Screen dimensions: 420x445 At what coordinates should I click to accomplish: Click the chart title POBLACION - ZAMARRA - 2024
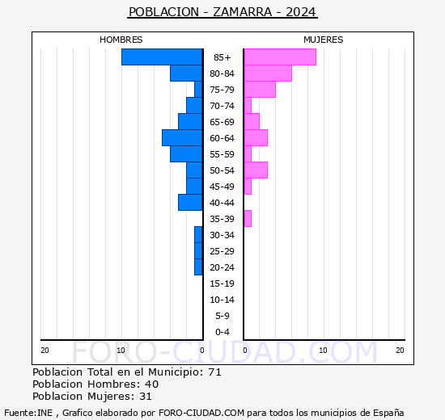222,12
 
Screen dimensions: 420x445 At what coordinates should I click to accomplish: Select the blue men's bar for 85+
162,57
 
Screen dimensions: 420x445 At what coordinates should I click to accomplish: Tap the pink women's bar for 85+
280,57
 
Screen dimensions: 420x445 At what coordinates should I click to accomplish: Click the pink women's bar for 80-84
268,73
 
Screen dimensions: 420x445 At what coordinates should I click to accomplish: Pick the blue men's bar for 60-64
182,137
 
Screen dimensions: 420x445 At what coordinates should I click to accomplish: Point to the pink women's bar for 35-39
248,218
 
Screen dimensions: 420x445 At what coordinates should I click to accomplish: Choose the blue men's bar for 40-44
190,202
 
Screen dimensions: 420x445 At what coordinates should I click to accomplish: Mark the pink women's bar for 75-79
260,89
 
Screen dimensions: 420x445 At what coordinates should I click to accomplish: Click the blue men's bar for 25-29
198,250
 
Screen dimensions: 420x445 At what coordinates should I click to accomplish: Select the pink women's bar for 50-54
256,170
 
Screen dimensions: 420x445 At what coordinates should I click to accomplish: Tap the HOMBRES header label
121,40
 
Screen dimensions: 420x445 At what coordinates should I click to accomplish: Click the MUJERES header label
324,40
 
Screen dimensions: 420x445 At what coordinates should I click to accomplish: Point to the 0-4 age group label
222,332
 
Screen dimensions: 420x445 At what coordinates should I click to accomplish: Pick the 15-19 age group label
222,283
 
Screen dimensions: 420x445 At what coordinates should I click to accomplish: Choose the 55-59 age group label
222,154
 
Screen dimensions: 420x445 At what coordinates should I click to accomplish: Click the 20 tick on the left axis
45,350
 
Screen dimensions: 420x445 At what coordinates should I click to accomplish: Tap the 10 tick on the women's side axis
323,350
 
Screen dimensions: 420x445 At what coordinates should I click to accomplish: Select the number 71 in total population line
214,372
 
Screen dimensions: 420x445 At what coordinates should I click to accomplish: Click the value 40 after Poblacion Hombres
151,384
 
